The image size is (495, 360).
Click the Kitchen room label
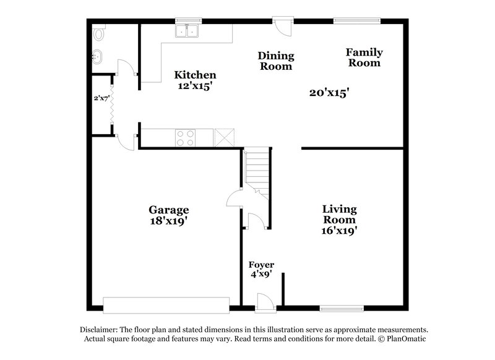tap(194, 75)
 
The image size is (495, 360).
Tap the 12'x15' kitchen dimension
tap(194, 87)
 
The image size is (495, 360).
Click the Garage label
tap(168, 209)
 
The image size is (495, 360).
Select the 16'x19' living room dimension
tap(339, 231)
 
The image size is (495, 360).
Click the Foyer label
tap(261, 265)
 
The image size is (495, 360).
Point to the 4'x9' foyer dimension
tap(261, 275)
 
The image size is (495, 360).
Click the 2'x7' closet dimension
tap(101, 98)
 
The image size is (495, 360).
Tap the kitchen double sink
tap(187, 31)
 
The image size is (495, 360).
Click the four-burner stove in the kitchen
tap(185, 137)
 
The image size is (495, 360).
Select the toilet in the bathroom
tap(98, 34)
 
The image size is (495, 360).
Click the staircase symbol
tap(256, 169)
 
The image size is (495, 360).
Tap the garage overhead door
tap(166, 305)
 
